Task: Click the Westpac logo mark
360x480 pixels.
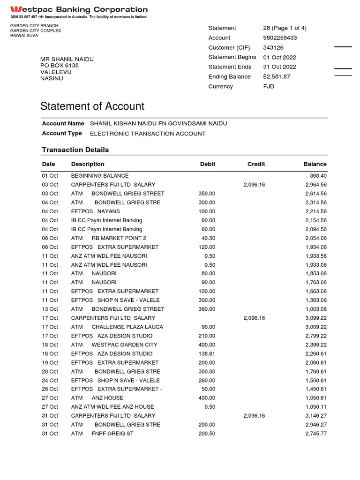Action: pos(16,9)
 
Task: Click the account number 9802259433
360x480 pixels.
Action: pos(280,38)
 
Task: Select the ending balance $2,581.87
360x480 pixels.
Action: pos(277,77)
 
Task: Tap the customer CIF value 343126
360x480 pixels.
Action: pos(273,48)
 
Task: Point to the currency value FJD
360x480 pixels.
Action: pos(269,87)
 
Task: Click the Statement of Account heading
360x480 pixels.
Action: pos(92,106)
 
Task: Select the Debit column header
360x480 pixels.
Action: pos(208,164)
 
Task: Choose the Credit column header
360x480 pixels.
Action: pos(256,164)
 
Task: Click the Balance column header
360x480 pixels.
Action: pos(315,164)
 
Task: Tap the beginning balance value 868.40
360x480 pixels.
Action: pos(317,176)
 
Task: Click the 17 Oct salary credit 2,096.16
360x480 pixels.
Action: pos(254,318)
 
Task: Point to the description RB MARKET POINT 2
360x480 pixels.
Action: pos(119,238)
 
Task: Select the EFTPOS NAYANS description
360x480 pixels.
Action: pos(95,211)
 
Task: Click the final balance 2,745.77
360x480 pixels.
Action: pos(315,434)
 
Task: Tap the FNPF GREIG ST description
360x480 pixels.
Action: pos(112,434)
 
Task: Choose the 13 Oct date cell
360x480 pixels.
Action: pos(50,309)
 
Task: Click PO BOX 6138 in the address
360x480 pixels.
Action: pos(60,66)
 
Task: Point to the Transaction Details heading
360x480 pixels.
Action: pos(75,150)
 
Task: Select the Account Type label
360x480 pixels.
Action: pos(62,134)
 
